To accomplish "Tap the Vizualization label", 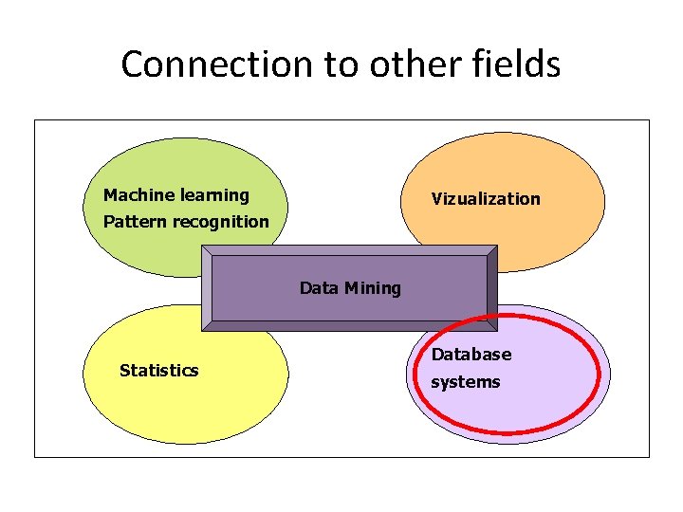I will coord(486,199).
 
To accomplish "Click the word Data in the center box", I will coord(319,288).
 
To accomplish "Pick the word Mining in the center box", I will coord(373,288).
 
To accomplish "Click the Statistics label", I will coord(159,371).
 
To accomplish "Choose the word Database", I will coord(471,355).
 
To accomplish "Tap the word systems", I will coord(466,382).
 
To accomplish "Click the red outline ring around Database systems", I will coord(600,375).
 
